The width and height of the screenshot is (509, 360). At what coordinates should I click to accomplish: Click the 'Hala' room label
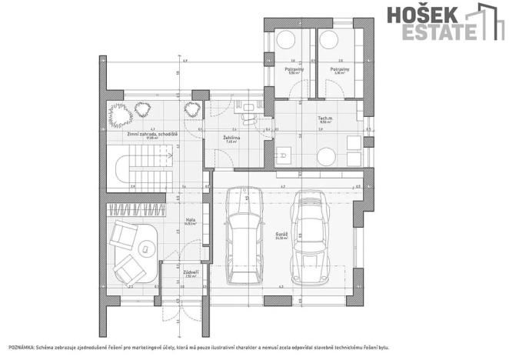coord(189,219)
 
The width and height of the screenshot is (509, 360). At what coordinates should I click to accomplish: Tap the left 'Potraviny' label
coord(293,68)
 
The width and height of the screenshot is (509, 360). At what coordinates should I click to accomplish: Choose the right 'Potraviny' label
coord(339,68)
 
